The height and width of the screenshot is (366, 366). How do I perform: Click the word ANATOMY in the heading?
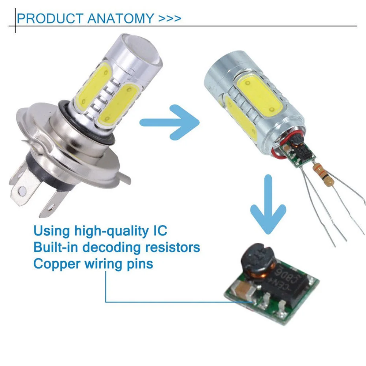pyautogui.click(x=120, y=18)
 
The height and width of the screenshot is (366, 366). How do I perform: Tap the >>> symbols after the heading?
pyautogui.click(x=170, y=18)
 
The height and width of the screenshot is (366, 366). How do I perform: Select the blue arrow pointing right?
pyautogui.click(x=170, y=122)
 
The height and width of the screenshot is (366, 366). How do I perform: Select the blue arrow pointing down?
pyautogui.click(x=268, y=205)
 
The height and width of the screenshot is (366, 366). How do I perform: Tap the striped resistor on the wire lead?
pyautogui.click(x=323, y=173)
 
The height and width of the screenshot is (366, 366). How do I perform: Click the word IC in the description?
pyautogui.click(x=160, y=231)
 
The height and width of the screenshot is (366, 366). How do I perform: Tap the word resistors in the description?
pyautogui.click(x=173, y=247)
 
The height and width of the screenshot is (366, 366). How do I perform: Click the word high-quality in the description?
pyautogui.click(x=112, y=231)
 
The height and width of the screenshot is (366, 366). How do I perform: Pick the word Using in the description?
pyautogui.click(x=52, y=231)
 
